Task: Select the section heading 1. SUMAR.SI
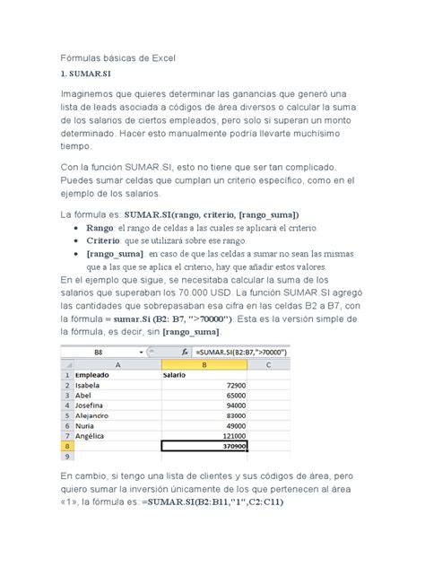pos(85,75)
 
